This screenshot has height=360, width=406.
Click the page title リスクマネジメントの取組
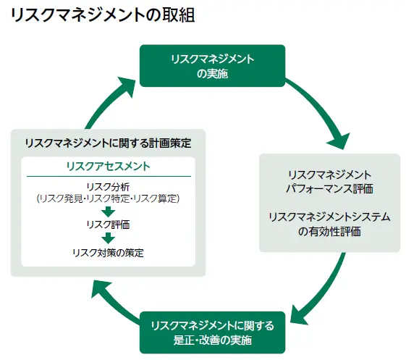102,15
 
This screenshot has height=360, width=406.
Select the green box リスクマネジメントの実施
212,65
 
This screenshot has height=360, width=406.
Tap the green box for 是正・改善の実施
212,332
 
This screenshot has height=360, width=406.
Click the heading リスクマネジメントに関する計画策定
108,143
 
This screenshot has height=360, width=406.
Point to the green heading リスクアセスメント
108,166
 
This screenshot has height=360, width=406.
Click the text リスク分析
108,185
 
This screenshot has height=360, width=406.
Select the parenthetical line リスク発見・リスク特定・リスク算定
108,198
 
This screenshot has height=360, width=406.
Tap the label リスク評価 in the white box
108,225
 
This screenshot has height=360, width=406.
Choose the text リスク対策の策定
108,252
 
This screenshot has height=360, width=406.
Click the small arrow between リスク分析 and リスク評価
108,212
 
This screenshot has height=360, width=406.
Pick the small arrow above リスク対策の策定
108,238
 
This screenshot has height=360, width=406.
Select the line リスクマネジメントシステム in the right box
329,217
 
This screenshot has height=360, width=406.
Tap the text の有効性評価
329,231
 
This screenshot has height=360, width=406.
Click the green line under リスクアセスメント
108,176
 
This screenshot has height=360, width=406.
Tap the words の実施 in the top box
212,72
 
